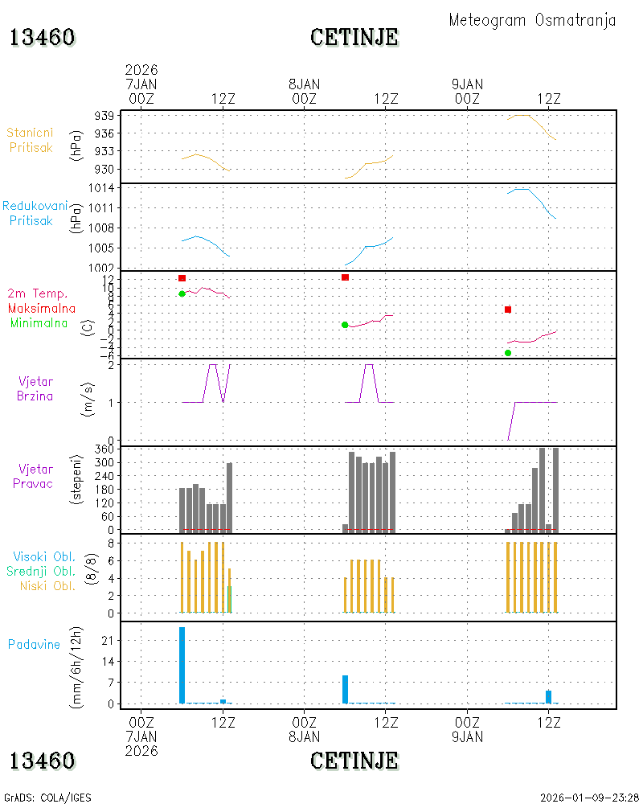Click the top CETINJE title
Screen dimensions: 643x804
[x=354, y=38]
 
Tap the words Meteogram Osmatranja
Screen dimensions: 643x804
[x=532, y=21]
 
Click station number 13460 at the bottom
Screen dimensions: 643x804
[x=43, y=761]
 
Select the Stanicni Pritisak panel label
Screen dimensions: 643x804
[x=31, y=140]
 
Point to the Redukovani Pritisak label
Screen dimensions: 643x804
[x=35, y=213]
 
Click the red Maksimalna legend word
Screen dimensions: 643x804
[x=42, y=308]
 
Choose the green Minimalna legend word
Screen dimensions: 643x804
[x=39, y=323]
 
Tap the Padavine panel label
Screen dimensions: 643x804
[x=34, y=645]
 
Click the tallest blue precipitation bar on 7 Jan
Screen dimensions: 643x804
[x=182, y=665]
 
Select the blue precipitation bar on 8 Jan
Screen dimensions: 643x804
[x=345, y=690]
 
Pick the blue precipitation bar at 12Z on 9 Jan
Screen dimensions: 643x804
[x=549, y=697]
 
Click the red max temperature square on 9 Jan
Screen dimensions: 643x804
[x=508, y=310]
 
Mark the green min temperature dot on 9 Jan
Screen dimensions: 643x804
[x=508, y=353]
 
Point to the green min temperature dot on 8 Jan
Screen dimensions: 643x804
[x=345, y=325]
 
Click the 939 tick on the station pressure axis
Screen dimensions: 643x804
[x=104, y=116]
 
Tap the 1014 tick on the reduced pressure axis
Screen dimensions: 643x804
[x=101, y=188]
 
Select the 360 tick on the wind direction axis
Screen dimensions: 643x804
[x=104, y=449]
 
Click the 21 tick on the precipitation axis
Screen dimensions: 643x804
[x=108, y=641]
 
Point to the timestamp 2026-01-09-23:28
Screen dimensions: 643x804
[x=589, y=798]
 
